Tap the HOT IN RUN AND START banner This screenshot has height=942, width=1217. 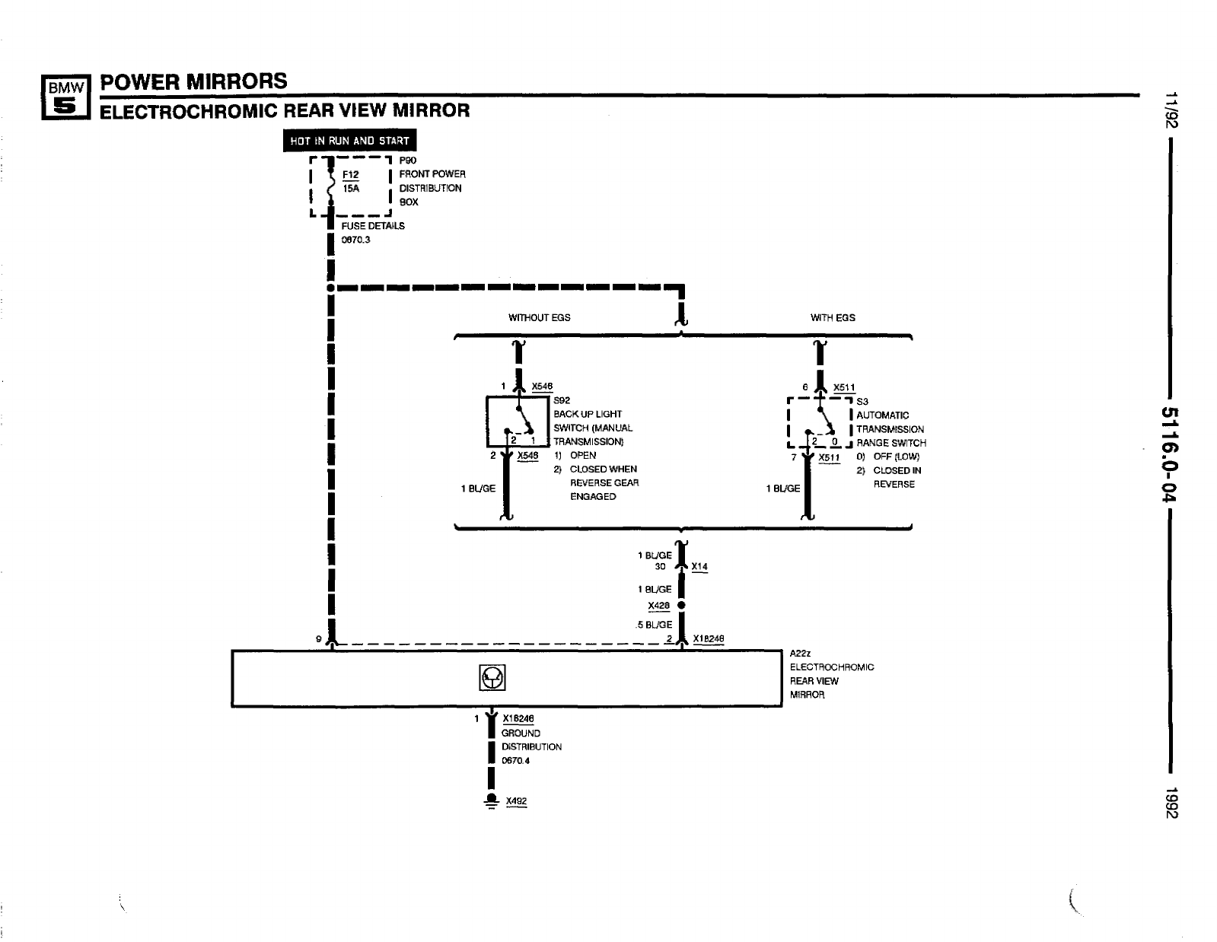[350, 141]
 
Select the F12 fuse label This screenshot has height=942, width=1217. [350, 174]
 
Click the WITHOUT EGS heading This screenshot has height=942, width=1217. [539, 317]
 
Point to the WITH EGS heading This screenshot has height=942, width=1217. [833, 317]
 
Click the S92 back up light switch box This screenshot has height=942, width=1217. [518, 421]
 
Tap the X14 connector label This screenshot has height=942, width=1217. [699, 567]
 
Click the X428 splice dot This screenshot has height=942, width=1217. [681, 606]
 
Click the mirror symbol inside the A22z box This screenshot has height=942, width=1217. [492, 677]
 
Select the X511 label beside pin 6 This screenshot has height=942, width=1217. [844, 388]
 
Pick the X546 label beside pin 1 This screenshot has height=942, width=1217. [542, 387]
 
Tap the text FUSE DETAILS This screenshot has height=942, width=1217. [373, 226]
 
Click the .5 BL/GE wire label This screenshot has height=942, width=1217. [655, 625]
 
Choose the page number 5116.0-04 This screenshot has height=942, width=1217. [1169, 454]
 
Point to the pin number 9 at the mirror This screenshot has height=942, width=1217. [319, 639]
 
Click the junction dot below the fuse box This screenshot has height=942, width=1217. [330, 288]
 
